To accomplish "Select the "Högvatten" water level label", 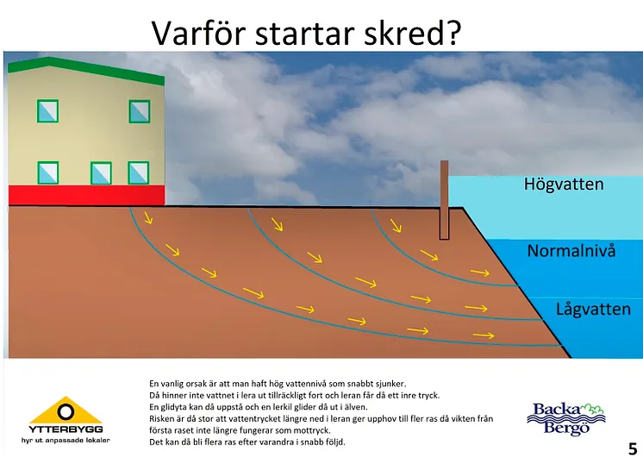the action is (564, 185).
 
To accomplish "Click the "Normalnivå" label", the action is (571, 251).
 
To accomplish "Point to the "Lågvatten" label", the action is (593, 309).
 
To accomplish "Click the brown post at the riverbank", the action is (444, 200).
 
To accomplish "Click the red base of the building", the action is (86, 195).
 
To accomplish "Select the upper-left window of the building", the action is (47, 111).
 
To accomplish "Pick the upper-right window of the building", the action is (140, 111).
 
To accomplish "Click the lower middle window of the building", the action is (101, 173).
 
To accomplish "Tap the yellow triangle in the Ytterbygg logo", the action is (66, 410).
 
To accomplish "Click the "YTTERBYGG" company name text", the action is (66, 429).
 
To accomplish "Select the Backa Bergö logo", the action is (566, 419).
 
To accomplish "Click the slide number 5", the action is (633, 449).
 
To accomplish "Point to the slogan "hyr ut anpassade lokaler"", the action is (66, 441).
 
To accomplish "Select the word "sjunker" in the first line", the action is (391, 384).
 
